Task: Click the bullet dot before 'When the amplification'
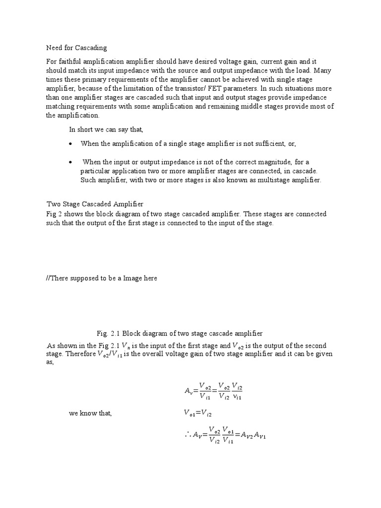point(71,144)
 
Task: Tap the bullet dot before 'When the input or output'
point(71,162)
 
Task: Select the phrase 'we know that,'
point(90,414)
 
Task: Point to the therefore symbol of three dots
point(187,435)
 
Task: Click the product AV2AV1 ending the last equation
point(254,435)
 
